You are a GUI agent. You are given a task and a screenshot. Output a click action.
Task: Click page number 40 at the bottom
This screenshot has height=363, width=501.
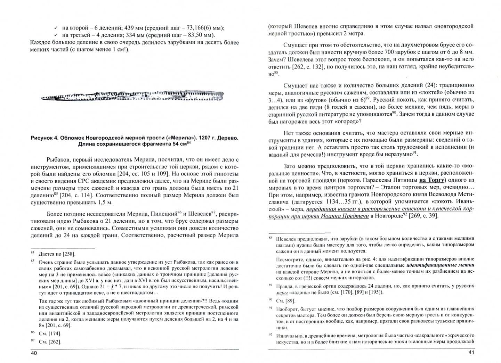click(34, 353)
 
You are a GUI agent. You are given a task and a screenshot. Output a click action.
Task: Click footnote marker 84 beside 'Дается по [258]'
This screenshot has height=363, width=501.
click(33, 253)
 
